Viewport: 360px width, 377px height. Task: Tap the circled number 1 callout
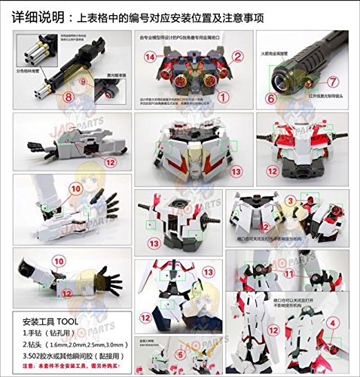(x=223, y=96)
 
